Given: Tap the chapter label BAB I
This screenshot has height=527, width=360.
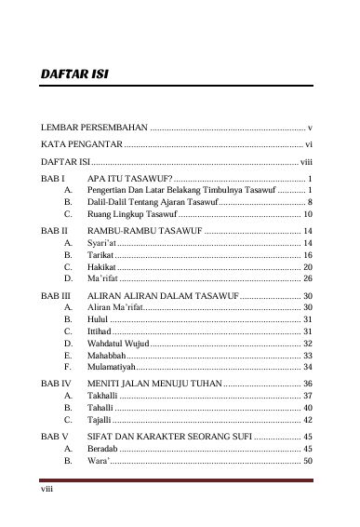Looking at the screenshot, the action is pos(52,177).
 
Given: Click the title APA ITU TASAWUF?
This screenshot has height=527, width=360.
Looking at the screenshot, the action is pos(128,177).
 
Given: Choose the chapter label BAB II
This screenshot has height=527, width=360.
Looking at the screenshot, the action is pos(54,229).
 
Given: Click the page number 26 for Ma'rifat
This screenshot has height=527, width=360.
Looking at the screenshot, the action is pos(307,278).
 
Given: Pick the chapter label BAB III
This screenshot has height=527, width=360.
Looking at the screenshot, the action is pos(55,294).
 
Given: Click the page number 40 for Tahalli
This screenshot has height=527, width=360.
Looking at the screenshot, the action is pos(307,408).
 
